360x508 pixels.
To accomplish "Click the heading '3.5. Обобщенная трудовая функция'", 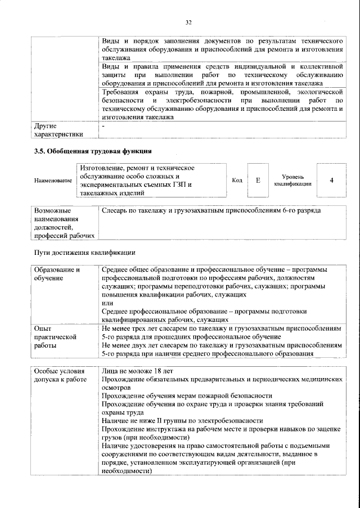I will [x=93, y=151].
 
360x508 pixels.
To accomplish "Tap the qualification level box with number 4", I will [x=331, y=180].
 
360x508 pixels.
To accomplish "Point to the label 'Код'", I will [x=237, y=180].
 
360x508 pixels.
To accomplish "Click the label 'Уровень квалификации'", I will [x=292, y=180].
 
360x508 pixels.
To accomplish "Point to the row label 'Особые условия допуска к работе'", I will [x=61, y=376].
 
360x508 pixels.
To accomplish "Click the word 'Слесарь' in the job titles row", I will [x=116, y=210].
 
